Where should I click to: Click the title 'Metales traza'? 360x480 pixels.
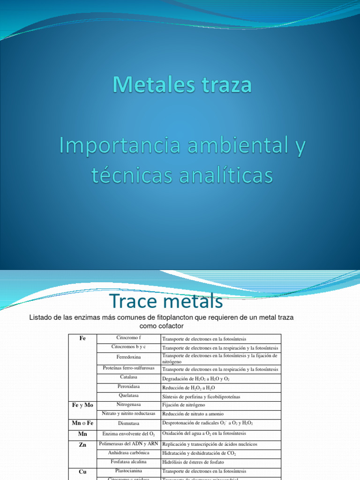point(182,85)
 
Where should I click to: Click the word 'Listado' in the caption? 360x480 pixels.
point(41,317)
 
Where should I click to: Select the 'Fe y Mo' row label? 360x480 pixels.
point(82,405)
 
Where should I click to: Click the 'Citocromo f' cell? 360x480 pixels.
point(128,338)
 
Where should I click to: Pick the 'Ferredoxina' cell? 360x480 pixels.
point(128,357)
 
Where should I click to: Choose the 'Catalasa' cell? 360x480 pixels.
point(128,377)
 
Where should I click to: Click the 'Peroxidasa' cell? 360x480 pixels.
point(128,387)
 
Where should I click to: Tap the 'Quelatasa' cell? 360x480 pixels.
point(128,396)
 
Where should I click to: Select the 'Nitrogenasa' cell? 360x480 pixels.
point(128,405)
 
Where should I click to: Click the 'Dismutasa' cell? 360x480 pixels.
point(128,423)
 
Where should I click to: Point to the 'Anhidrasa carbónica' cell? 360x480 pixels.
point(128,453)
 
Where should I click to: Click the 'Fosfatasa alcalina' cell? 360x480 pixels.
point(128,462)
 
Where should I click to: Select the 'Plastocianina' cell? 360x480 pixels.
point(128,471)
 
